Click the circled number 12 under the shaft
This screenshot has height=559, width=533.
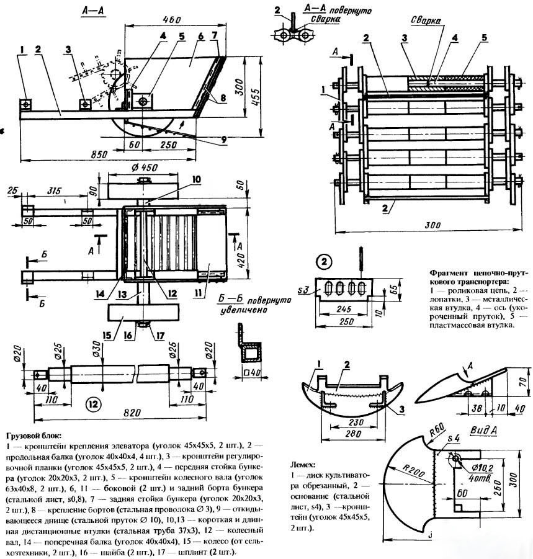(x=93, y=405)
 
